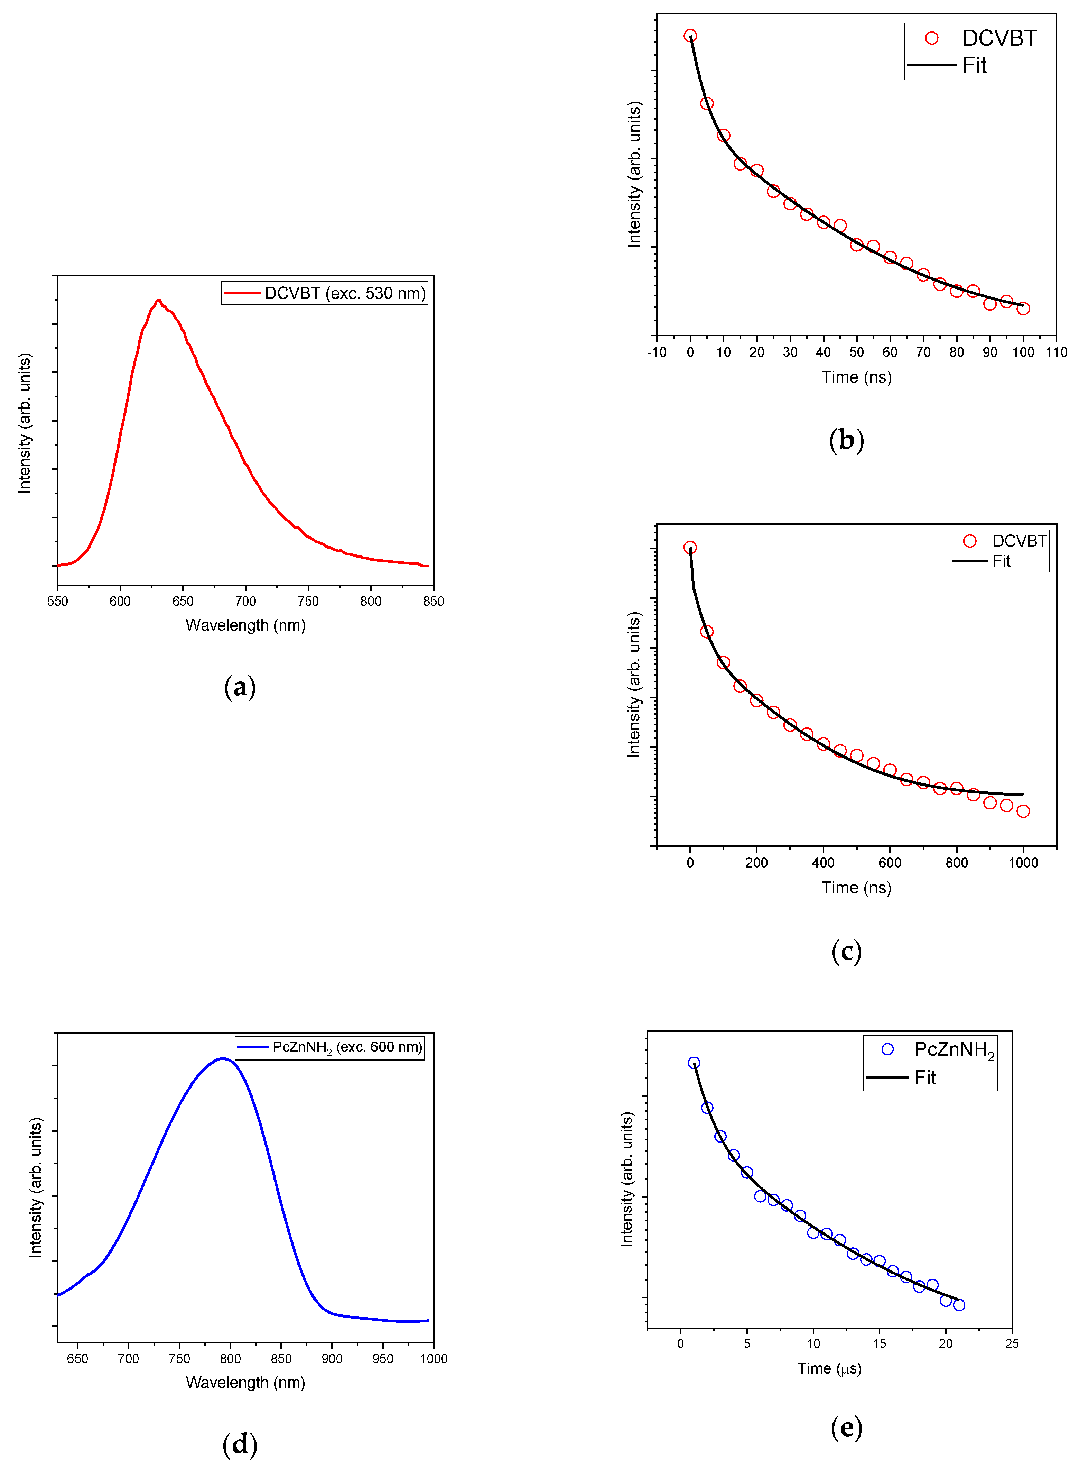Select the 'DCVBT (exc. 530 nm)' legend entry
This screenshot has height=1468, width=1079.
click(x=325, y=293)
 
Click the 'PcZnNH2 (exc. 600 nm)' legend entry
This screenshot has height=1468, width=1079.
click(x=330, y=1047)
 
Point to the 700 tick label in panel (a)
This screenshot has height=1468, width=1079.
click(x=245, y=601)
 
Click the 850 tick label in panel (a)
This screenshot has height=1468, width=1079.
click(x=433, y=601)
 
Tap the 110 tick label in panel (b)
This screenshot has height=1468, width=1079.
click(x=1056, y=352)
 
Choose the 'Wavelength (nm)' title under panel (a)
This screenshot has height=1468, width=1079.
click(x=245, y=625)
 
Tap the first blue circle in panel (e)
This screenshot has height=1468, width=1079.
click(x=694, y=1063)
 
